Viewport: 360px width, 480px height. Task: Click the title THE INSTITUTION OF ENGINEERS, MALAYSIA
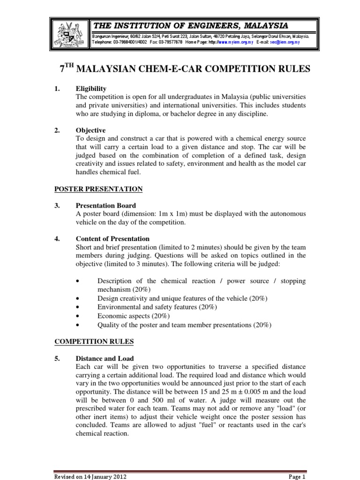pos(190,25)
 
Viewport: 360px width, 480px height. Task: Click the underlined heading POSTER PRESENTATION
pos(98,189)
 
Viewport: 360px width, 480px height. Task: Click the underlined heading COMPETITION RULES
pos(94,342)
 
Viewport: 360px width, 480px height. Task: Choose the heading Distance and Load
pos(105,359)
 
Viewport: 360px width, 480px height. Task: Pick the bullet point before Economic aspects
pos(76,316)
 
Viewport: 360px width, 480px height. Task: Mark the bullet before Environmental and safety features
pos(76,307)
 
